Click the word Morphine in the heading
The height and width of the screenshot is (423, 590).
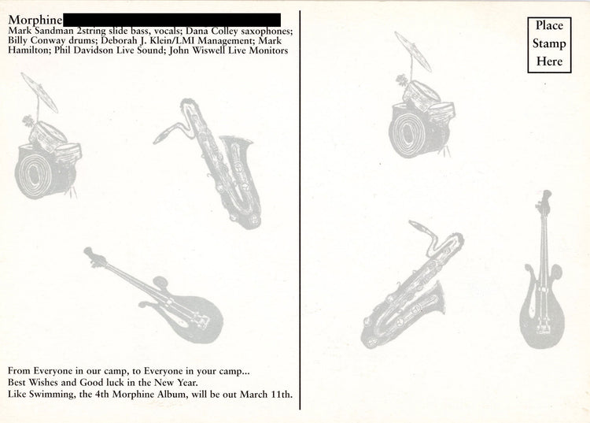[x=35, y=20]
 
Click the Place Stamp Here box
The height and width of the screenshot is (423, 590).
[x=549, y=45]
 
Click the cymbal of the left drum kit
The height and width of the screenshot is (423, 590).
[x=39, y=93]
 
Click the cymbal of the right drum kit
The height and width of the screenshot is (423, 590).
[x=413, y=51]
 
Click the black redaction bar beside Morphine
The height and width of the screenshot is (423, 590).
[x=172, y=20]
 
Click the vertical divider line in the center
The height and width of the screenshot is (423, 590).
[x=300, y=210]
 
